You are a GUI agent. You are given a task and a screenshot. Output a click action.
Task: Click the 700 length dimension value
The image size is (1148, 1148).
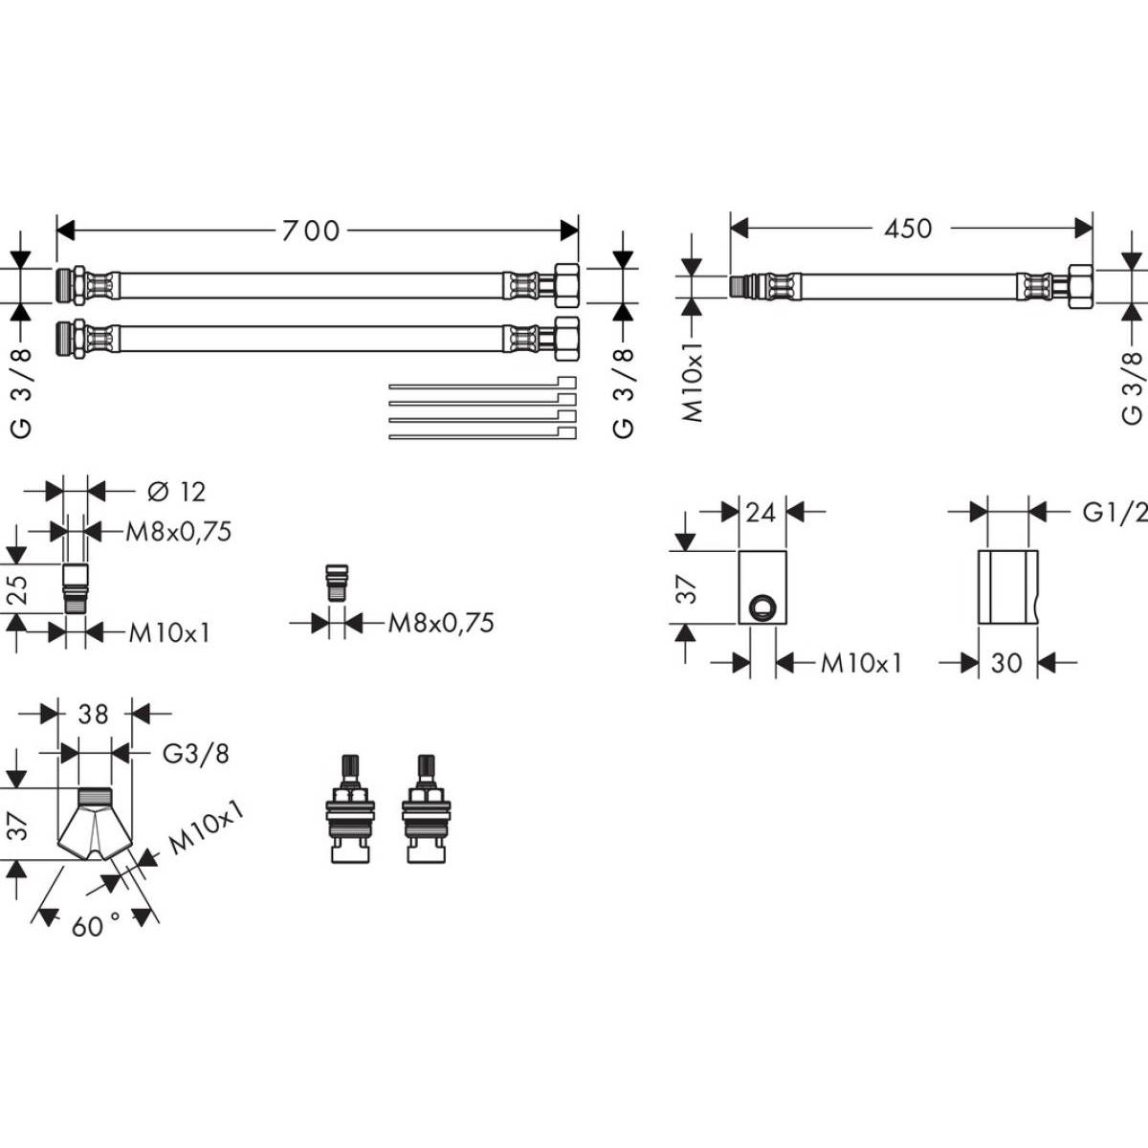pos(310,231)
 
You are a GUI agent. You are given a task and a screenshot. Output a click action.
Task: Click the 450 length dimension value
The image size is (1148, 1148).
pos(908,229)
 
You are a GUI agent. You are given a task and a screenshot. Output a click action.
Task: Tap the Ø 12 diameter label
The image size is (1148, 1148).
pos(177,492)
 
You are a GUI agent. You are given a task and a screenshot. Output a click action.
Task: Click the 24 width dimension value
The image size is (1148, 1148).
pos(762,513)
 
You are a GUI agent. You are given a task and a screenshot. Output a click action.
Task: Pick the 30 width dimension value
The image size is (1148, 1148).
pos(1006,662)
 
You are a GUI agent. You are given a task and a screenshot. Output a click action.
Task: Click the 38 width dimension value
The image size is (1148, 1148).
pos(94,714)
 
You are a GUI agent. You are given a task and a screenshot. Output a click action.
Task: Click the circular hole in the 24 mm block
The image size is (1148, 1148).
pos(762,607)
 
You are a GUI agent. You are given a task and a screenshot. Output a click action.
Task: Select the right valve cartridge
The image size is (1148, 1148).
pos(424,810)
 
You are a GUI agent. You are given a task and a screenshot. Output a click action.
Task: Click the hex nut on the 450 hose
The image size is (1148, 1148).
pos(1079,286)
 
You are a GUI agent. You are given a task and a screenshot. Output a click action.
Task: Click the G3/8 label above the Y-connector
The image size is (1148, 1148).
pos(196,753)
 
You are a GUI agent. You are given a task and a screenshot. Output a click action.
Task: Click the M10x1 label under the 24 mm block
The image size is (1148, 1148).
pos(861,662)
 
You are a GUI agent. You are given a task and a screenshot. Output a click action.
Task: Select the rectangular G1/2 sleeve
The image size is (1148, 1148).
pos(1006,586)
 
